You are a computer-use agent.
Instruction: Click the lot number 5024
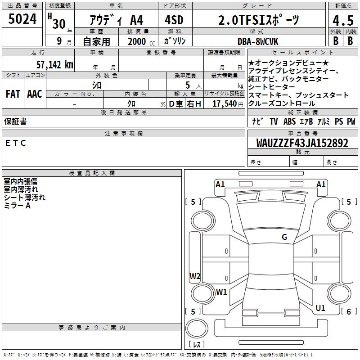[22, 20]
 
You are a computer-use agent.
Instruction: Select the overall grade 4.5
[342, 21]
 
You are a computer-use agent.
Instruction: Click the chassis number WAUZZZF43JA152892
[302, 143]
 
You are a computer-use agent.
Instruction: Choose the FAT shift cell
[13, 94]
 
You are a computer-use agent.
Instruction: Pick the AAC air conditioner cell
[35, 94]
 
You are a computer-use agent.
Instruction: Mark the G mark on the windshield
[284, 237]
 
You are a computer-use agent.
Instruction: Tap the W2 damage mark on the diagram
[195, 276]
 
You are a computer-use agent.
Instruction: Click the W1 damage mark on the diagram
[221, 292]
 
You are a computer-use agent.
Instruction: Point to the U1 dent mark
[320, 308]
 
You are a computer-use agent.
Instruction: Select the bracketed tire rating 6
[348, 311]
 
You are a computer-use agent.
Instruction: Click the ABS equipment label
[289, 121]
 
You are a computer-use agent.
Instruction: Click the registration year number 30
[58, 24]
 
